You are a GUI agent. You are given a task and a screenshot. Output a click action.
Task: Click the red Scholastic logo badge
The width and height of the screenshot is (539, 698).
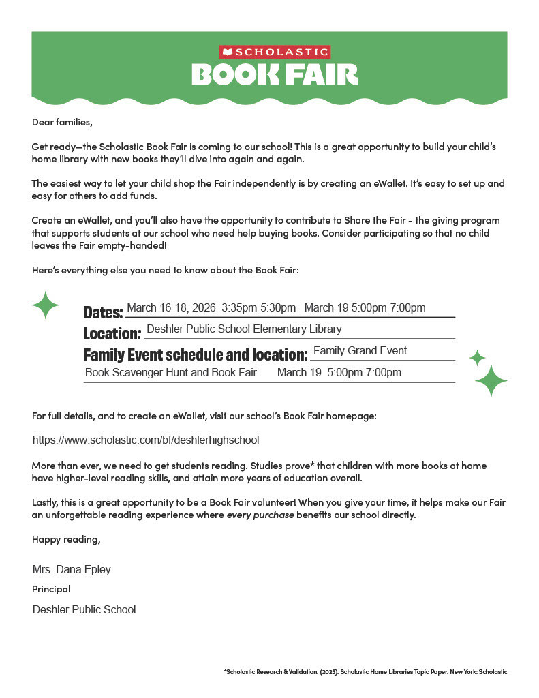(275, 52)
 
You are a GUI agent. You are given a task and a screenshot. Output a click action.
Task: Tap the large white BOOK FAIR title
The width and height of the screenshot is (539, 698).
(275, 74)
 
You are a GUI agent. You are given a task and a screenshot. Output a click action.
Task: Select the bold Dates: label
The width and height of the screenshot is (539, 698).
(103, 313)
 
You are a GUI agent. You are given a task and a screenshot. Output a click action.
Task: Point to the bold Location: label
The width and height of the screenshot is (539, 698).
(112, 334)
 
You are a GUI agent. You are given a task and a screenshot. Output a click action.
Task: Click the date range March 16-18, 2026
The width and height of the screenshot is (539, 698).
(171, 308)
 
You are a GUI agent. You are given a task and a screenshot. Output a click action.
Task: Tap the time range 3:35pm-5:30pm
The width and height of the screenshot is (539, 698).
(259, 308)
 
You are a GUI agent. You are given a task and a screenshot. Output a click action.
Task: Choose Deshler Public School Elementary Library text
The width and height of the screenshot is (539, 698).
(244, 329)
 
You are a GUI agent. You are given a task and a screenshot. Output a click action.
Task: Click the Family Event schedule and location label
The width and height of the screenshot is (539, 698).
(196, 355)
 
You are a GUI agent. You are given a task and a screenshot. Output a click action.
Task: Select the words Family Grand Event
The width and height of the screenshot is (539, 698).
(360, 351)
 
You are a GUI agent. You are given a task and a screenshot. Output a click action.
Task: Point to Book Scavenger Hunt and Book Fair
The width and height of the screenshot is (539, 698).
(171, 373)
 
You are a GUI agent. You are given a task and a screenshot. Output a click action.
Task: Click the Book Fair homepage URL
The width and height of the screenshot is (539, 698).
(146, 440)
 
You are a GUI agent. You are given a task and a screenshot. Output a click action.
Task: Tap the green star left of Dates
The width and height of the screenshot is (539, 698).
(46, 305)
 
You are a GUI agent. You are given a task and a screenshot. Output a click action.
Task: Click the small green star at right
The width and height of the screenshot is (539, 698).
(477, 357)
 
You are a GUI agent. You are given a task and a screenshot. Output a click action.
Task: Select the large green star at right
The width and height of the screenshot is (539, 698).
(491, 380)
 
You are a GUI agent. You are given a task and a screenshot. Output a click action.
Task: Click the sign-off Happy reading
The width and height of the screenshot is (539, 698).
(66, 540)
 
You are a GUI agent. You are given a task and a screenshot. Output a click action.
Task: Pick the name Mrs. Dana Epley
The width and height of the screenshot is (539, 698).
(72, 570)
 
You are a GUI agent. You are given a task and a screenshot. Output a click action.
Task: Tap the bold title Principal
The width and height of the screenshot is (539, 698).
(51, 589)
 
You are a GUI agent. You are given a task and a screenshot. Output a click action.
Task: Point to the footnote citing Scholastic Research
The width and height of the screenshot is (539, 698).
(365, 672)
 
